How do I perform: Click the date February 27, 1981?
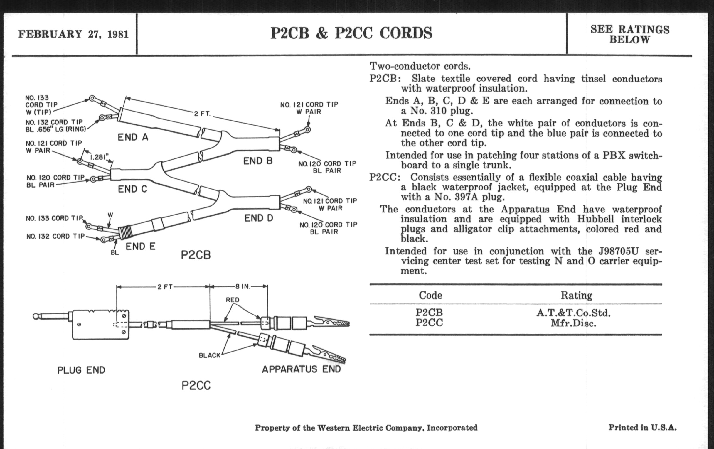point(73,34)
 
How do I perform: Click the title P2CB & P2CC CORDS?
point(351,33)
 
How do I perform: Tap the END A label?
point(133,137)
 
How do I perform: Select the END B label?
point(258,161)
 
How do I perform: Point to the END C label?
point(132,189)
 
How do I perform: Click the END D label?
point(259,218)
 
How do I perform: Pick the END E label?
point(140,246)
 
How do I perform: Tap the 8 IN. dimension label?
point(243,287)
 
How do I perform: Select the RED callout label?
point(233,300)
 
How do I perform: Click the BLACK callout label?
point(210,355)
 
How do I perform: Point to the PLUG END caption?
point(81,370)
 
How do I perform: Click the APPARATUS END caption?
point(301,369)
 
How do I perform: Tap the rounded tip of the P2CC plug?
point(35,317)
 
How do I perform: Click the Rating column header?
point(576,295)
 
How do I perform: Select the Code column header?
point(430,295)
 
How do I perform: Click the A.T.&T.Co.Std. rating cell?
point(573,313)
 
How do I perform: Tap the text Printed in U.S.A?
point(643,427)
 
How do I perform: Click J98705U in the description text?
point(618,251)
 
